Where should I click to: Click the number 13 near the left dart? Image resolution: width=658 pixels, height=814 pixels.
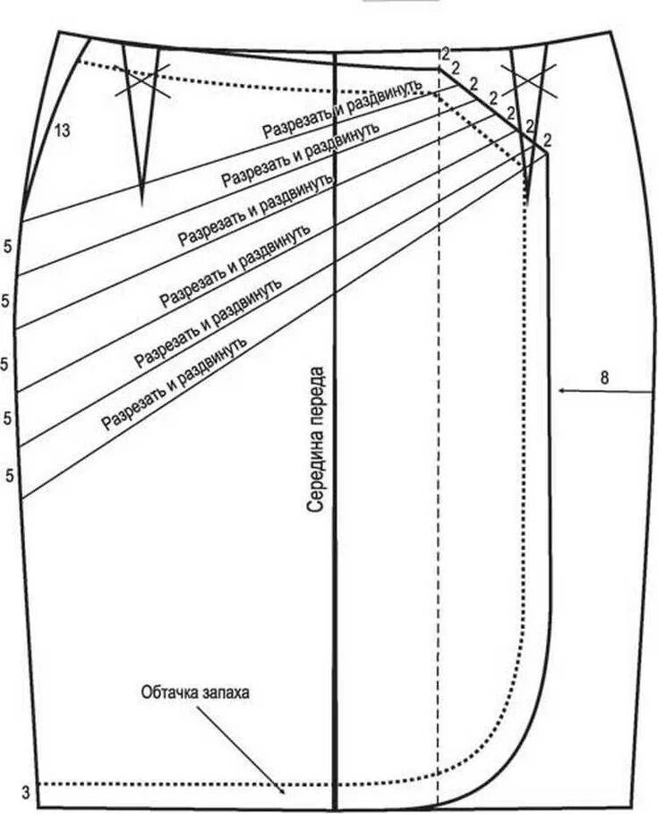coord(62,131)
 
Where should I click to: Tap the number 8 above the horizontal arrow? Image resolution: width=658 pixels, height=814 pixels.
coord(604,377)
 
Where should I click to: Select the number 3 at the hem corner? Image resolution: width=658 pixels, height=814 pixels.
coord(26,792)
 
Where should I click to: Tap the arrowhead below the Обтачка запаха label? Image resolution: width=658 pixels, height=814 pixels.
coord(282,791)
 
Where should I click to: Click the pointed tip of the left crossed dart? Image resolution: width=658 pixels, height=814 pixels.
coord(142,199)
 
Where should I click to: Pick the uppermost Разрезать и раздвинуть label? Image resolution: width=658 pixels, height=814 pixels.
coord(341,107)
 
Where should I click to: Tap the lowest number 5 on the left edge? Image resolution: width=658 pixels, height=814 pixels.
coord(9,475)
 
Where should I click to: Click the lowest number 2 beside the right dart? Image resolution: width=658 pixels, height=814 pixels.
coord(546,140)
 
